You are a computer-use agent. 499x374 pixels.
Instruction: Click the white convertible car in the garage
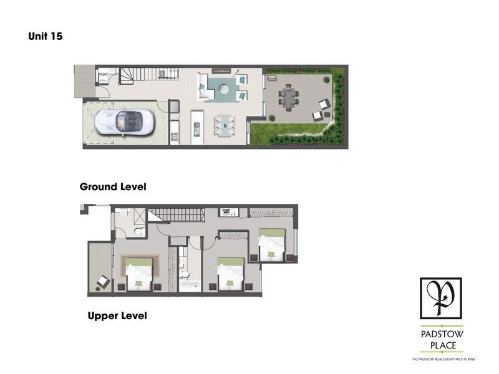(124, 122)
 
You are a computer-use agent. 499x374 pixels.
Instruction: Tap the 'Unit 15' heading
(45, 36)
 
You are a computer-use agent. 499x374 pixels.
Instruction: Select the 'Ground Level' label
(113, 186)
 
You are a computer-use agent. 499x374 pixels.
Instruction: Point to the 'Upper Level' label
(117, 316)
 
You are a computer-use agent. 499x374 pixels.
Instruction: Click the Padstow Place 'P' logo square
(441, 299)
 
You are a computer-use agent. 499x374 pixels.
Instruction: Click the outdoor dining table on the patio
(289, 97)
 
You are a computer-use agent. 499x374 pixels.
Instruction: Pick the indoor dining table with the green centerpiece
(225, 126)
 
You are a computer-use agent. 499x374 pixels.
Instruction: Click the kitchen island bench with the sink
(197, 127)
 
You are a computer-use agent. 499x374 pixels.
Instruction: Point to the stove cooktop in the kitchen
(175, 137)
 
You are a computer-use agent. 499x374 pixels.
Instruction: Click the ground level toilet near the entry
(104, 77)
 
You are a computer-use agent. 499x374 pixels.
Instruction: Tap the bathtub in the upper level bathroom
(190, 286)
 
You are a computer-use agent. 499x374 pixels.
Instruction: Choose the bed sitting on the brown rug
(138, 274)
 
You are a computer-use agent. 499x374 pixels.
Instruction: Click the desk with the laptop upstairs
(229, 212)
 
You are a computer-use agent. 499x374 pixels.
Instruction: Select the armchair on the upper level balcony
(103, 282)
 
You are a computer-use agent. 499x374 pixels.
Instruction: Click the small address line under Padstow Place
(443, 359)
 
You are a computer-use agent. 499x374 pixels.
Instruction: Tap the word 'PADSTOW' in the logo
(442, 334)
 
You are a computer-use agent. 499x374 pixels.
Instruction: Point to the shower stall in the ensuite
(138, 216)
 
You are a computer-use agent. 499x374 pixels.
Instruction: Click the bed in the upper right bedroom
(271, 244)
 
